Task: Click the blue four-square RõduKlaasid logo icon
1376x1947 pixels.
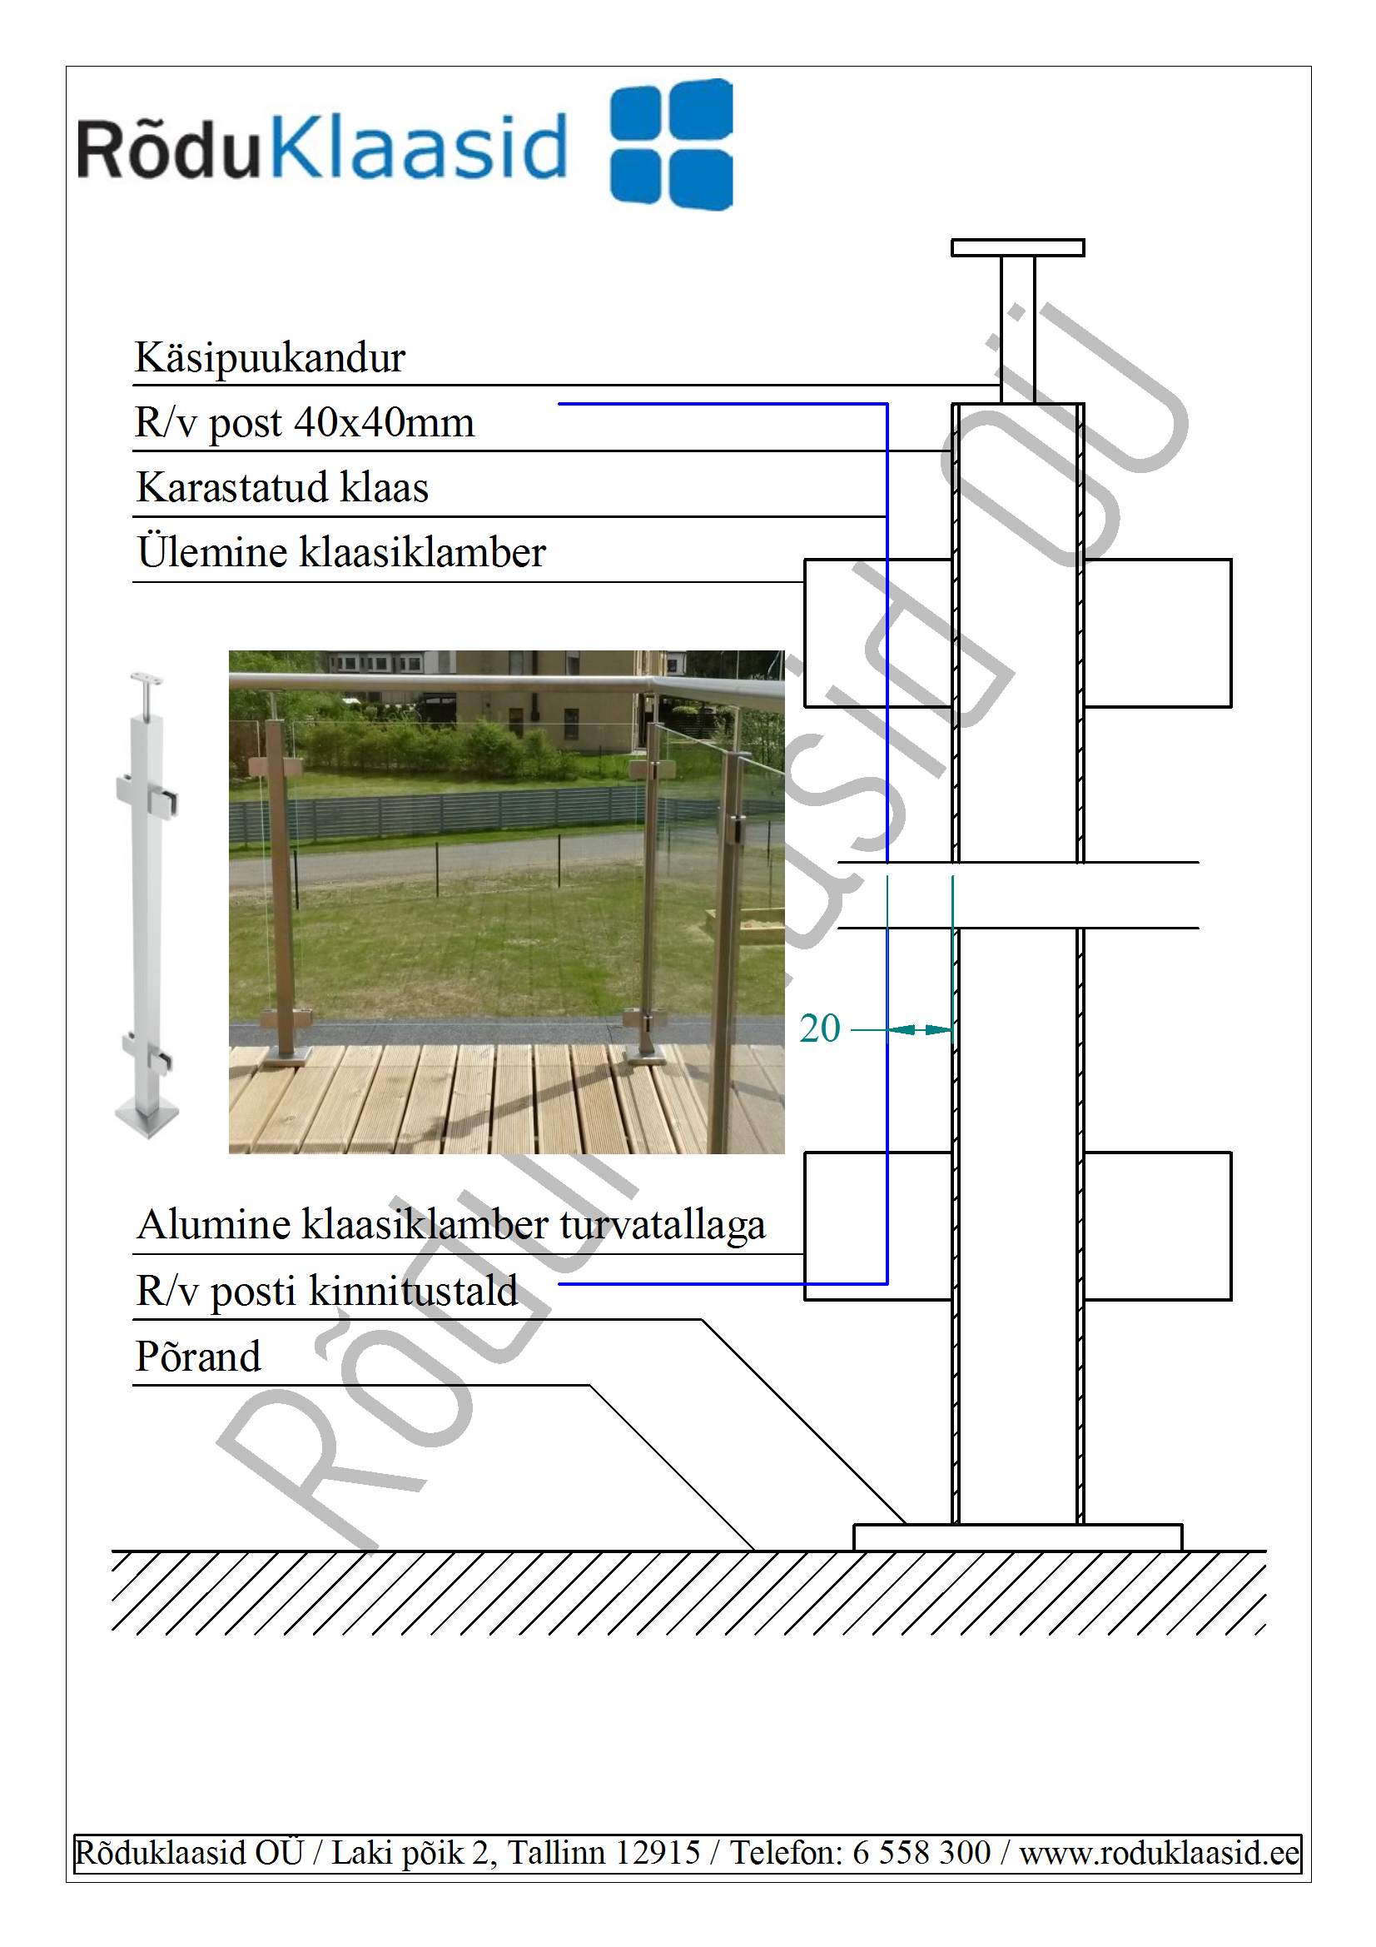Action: click(x=672, y=144)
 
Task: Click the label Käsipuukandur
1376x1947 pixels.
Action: click(x=271, y=357)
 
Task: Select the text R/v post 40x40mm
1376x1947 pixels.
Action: click(x=305, y=422)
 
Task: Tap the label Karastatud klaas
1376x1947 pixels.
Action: click(x=282, y=488)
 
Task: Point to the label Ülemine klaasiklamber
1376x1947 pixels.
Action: click(x=340, y=551)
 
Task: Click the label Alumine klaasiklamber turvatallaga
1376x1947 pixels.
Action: click(x=451, y=1223)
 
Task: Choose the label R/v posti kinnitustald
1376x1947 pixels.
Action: click(x=327, y=1291)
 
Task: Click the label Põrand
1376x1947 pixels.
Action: click(x=198, y=1355)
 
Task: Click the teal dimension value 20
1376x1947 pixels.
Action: click(x=820, y=1028)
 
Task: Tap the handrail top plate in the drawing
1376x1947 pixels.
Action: click(x=1017, y=247)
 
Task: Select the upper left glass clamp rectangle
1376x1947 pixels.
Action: click(x=877, y=633)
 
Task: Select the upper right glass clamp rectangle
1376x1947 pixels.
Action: click(x=1157, y=633)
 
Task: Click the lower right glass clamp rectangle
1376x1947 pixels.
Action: click(x=1157, y=1225)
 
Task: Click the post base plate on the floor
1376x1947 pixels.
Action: click(x=1017, y=1537)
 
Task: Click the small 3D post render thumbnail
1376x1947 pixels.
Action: click(x=147, y=905)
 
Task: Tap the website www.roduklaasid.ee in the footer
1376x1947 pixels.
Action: click(x=1159, y=1853)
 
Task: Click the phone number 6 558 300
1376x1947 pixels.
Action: click(x=921, y=1853)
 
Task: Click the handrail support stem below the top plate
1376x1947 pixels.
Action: click(x=1017, y=329)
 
